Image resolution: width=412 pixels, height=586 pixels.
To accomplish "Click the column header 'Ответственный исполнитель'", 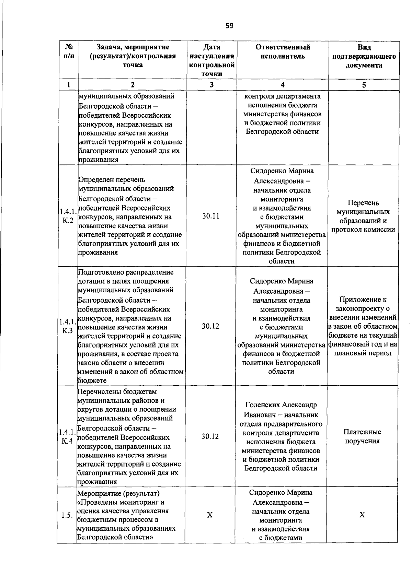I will pos(283,52).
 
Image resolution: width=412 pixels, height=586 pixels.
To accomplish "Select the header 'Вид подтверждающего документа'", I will pos(364,56).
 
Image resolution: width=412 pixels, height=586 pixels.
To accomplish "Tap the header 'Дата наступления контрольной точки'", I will pos(211,60).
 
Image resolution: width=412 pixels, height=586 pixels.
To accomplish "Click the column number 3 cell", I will pos(211,85).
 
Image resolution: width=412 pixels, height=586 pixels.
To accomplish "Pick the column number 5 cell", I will pos(364,85).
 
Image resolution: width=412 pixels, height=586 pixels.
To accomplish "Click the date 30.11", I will pos(211,216).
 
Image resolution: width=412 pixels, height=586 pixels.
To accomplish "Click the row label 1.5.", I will pos(67,515).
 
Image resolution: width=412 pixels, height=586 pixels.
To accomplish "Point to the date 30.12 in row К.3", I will pos(210,326).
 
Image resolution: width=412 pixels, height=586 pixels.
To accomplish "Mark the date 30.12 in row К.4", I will pos(210,436).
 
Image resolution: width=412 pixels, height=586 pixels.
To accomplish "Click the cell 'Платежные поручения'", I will pos(363,436).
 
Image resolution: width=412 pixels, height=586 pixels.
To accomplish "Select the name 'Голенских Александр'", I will pos(281,405).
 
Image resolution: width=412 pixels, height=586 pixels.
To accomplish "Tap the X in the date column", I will pos(210,515).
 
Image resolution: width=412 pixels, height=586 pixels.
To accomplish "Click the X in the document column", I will pos(362,515).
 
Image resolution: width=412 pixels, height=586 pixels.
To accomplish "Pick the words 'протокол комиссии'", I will pos(363,230).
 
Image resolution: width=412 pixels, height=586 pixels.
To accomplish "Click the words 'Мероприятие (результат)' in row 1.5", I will pos(118,493).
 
